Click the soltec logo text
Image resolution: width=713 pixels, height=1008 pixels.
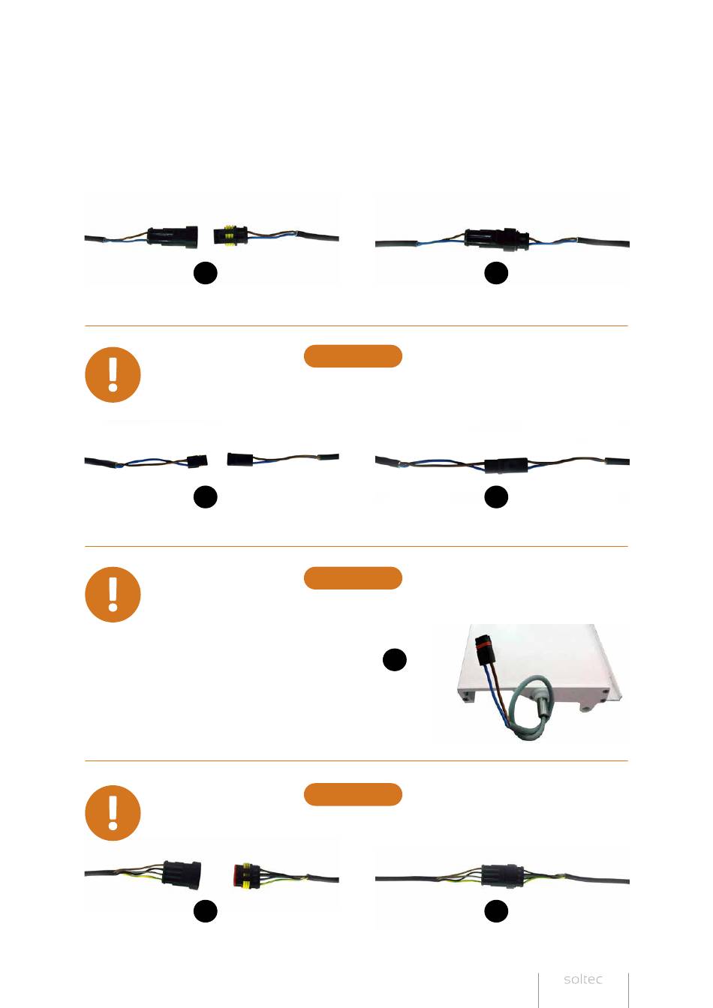[x=583, y=979]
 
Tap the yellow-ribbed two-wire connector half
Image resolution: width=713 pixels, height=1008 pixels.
[x=230, y=235]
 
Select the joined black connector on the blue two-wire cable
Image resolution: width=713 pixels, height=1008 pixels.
[x=496, y=238]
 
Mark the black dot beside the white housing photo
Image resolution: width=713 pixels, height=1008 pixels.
[x=394, y=660]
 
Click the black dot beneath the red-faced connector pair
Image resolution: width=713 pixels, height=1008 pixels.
[x=206, y=911]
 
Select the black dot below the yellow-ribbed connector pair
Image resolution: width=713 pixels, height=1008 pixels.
[x=206, y=273]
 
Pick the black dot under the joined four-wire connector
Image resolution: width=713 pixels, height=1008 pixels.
[x=496, y=911]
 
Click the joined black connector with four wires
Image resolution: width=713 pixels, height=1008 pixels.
[x=503, y=875]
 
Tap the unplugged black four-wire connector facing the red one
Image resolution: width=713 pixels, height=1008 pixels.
[x=182, y=874]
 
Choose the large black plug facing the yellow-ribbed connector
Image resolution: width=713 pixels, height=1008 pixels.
[x=173, y=237]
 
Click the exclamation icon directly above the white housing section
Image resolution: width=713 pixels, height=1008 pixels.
[x=113, y=594]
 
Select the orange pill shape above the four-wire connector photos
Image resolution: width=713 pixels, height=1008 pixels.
[x=353, y=794]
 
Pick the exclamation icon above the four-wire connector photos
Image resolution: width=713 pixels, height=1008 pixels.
[x=113, y=813]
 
